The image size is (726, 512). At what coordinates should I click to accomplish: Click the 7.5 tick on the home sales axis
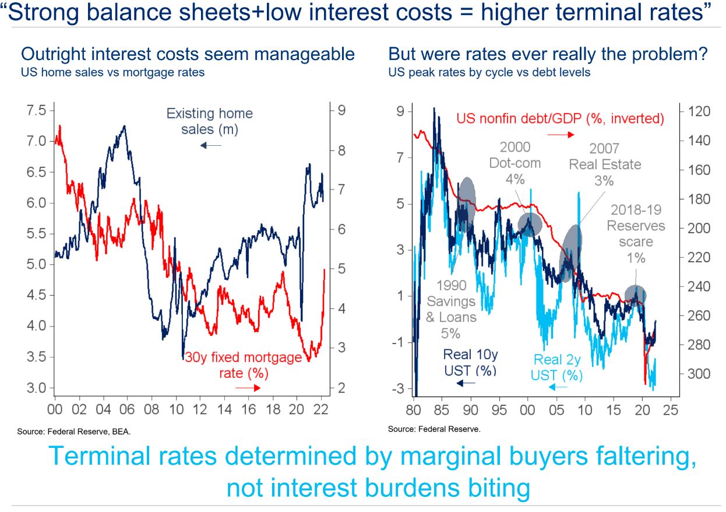33,110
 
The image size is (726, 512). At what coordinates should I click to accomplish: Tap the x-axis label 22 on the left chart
321,409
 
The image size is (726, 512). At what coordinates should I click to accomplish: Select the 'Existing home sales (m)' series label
209,121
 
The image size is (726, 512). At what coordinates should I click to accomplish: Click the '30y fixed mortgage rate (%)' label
244,364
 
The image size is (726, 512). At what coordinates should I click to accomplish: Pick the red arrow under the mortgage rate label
248,387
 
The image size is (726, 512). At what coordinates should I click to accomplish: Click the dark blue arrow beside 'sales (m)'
210,145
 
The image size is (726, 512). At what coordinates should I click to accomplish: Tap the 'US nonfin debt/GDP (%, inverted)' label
560,119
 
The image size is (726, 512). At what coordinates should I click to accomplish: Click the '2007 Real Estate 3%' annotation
605,164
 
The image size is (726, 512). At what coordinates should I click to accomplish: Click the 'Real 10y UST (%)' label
470,362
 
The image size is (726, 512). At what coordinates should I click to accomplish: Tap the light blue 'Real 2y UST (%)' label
557,367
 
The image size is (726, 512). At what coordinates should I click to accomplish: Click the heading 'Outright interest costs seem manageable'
188,55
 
